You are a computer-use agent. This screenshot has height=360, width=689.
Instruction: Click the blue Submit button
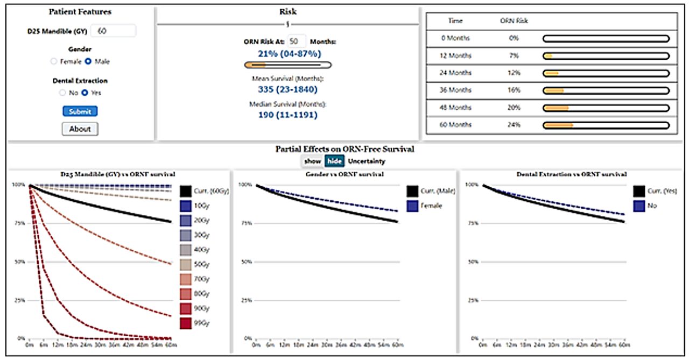tap(80, 111)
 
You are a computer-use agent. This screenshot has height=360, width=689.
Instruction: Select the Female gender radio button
tap(53, 61)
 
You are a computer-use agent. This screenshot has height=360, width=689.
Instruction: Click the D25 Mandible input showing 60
tap(113, 31)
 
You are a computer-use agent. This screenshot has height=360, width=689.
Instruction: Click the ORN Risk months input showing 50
tap(297, 41)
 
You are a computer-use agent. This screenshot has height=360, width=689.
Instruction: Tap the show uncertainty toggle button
tap(312, 161)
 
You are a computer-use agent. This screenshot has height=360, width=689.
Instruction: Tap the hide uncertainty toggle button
tap(334, 161)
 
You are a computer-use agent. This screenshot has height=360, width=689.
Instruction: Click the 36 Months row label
tap(455, 90)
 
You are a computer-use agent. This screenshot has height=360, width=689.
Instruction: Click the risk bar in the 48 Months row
tap(606, 108)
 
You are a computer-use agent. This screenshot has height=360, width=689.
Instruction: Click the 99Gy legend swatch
tap(186, 323)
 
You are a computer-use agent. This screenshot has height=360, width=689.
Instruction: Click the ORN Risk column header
tap(514, 21)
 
